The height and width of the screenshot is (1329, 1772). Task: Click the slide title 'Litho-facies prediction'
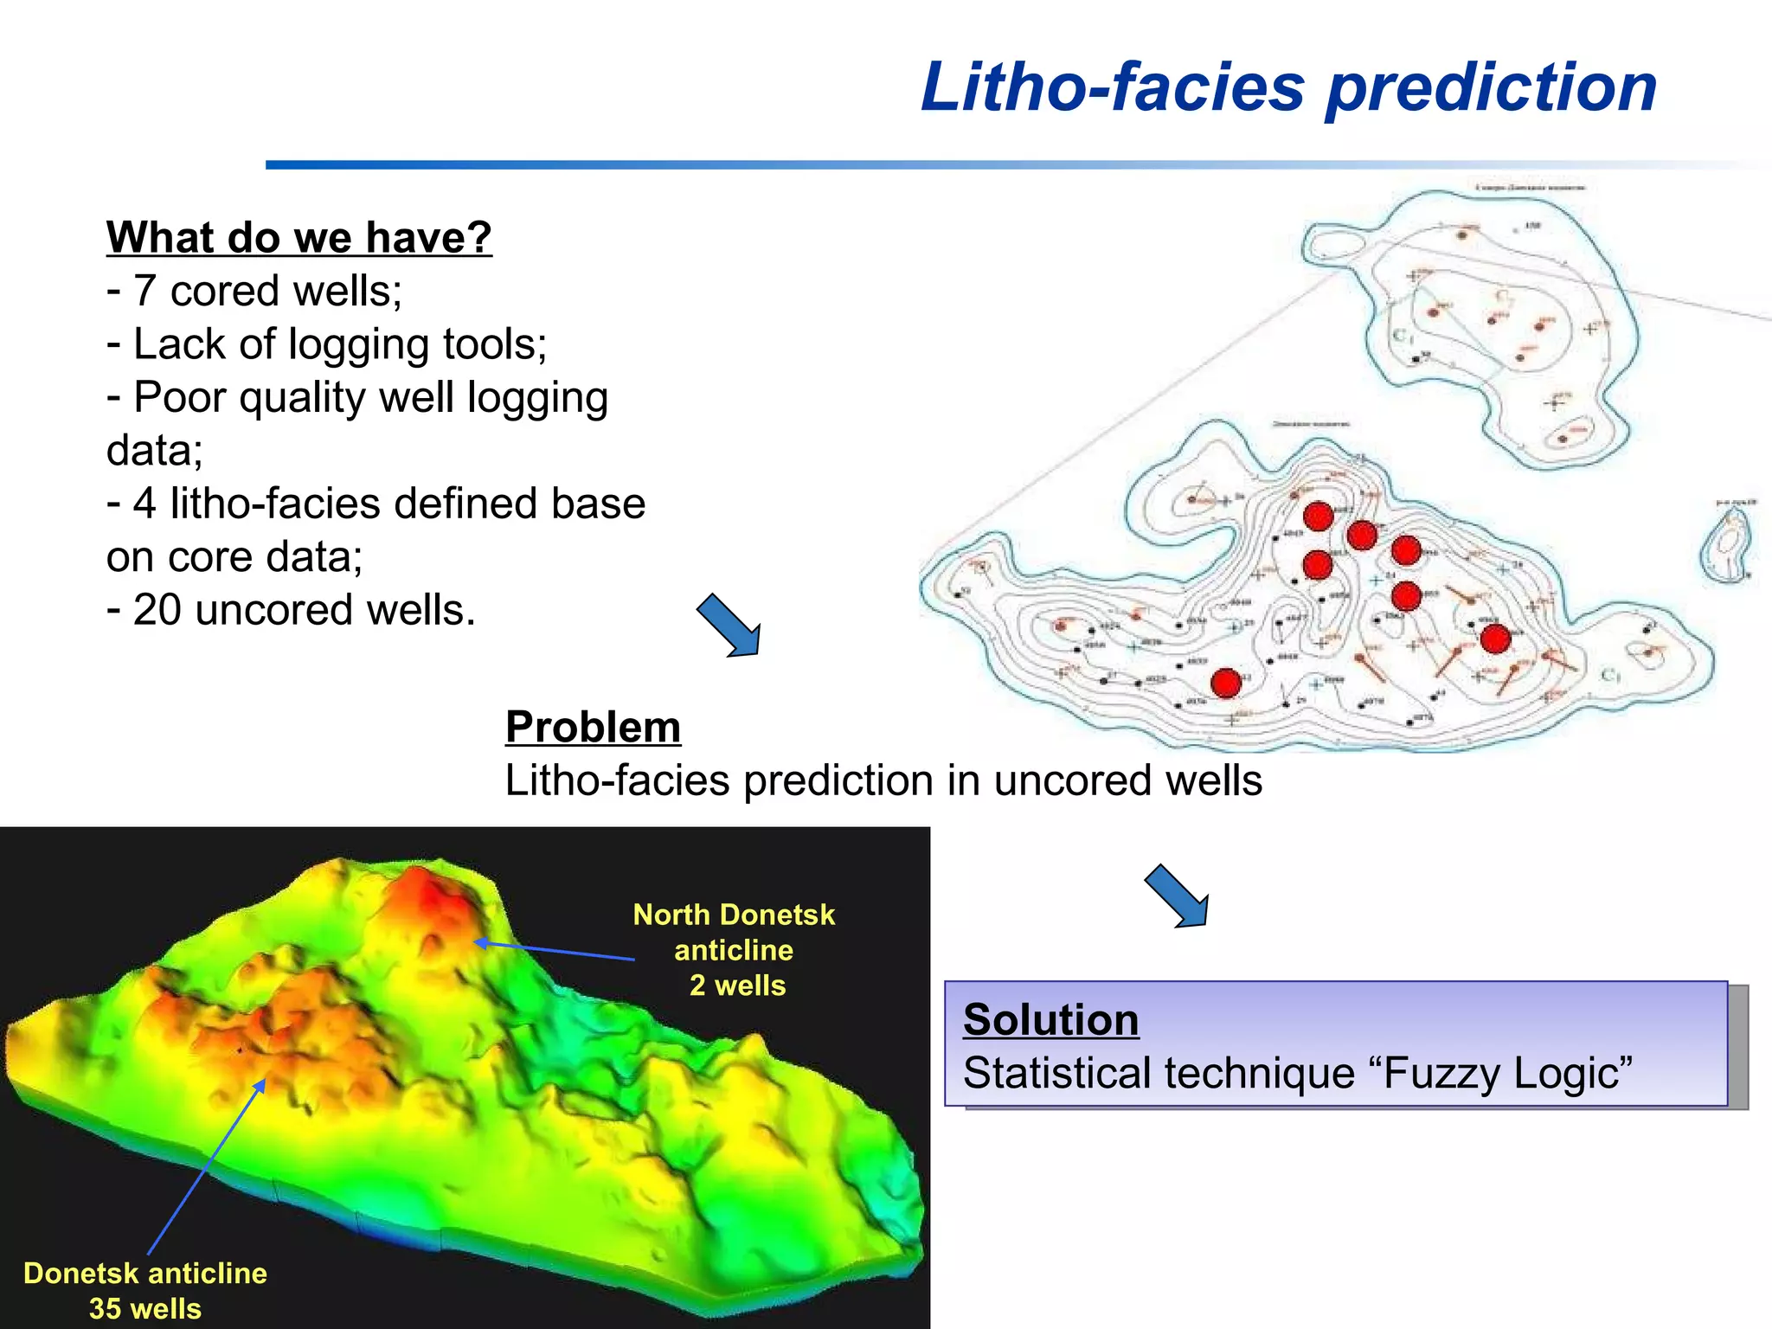[1288, 88]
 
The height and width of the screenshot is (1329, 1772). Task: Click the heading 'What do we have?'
[299, 237]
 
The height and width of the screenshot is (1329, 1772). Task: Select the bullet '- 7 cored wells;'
[254, 291]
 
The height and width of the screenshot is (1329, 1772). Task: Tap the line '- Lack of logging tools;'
[326, 344]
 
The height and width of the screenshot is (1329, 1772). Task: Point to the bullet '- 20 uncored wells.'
[291, 610]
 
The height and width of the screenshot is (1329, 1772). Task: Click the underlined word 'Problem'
[593, 727]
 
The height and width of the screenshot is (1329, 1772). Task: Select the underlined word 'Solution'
[1050, 1019]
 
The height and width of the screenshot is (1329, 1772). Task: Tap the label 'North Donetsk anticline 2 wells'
[734, 950]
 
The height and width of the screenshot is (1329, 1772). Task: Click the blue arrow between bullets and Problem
[729, 626]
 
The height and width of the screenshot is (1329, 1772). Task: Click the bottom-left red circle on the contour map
[1226, 683]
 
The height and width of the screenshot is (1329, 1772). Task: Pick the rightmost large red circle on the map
[1495, 639]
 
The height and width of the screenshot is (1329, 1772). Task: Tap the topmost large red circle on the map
[1318, 517]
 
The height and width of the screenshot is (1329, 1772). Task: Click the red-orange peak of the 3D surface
[433, 900]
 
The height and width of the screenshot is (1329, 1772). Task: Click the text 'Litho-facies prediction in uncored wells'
[883, 780]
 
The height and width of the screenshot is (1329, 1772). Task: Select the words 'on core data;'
[234, 557]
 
